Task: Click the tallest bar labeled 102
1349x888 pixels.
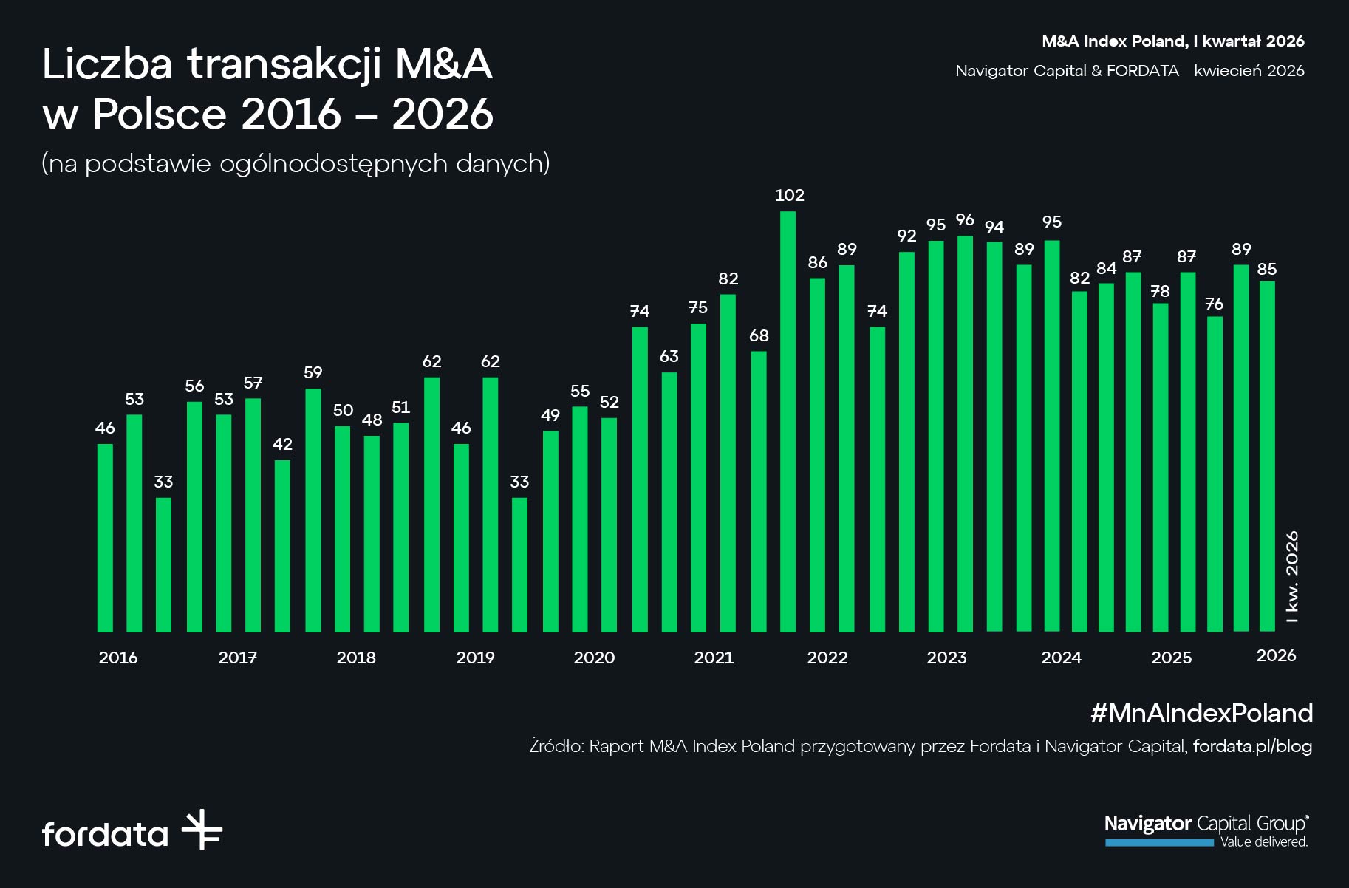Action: [x=788, y=421]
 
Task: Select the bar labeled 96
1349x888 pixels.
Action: [x=965, y=434]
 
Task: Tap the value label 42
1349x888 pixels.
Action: [x=282, y=444]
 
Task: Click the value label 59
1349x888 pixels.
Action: [x=313, y=372]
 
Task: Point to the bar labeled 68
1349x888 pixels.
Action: [x=759, y=491]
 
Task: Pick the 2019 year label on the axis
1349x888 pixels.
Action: [x=475, y=658]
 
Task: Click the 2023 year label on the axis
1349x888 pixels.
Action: [x=946, y=658]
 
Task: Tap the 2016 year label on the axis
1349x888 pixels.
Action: [x=118, y=658]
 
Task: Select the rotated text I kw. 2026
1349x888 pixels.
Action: [x=1292, y=577]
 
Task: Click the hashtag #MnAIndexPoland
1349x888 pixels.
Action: [x=1201, y=713]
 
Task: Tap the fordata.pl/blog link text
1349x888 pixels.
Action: [x=1252, y=746]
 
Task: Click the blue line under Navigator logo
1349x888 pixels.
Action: [x=1159, y=843]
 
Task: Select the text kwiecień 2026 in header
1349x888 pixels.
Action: [x=1249, y=71]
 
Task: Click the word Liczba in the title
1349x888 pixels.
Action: [x=107, y=64]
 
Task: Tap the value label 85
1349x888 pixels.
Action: [x=1267, y=269]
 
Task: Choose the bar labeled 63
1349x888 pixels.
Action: [x=669, y=502]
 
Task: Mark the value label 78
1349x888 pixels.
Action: [x=1161, y=291]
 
